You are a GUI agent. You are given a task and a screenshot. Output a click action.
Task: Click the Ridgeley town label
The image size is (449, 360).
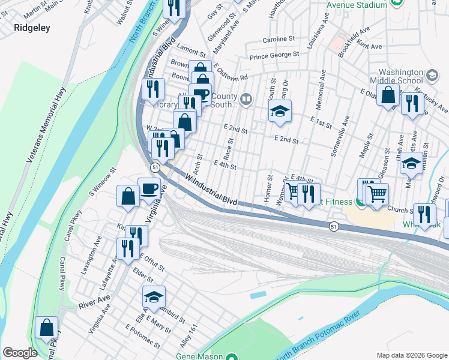pyautogui.click(x=32, y=28)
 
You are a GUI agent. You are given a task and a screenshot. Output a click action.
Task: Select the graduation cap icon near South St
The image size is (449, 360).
pyautogui.click(x=279, y=111)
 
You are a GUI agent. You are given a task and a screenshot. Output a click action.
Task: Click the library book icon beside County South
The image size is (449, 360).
pyautogui.click(x=246, y=98)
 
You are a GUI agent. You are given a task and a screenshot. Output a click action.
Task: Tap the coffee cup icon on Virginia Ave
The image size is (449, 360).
pyautogui.click(x=149, y=188)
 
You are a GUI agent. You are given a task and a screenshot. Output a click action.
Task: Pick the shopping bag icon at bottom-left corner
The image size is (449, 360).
pyautogui.click(x=46, y=328)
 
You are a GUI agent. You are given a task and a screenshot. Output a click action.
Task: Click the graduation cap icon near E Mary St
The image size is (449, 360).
pyautogui.click(x=154, y=296)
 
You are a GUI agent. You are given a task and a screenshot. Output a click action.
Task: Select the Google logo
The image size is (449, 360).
pyautogui.click(x=20, y=353)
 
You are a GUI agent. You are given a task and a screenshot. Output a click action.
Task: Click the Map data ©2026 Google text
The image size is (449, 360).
pyautogui.click(x=411, y=355)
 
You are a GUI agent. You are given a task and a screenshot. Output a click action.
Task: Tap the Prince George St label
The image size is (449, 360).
pyautogui.click(x=274, y=55)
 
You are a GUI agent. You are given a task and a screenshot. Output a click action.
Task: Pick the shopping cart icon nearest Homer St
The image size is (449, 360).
pyautogui.click(x=292, y=191)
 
